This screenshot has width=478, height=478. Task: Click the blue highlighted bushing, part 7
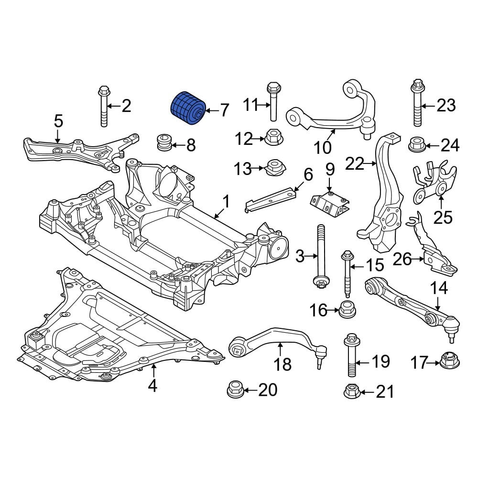tap(187, 108)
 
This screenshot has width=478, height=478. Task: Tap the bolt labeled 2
tap(104, 106)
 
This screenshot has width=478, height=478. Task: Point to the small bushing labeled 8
tap(164, 142)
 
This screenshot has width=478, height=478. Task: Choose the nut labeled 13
tap(276, 168)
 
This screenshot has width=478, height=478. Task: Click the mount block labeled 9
tap(330, 204)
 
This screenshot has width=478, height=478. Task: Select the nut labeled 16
tap(347, 309)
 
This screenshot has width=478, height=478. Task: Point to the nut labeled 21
tap(352, 391)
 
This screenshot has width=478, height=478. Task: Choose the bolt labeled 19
tap(352, 355)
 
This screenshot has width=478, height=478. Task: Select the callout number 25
tap(443, 217)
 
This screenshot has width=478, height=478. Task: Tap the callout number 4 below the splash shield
tap(153, 386)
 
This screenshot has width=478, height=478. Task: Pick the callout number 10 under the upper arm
tap(323, 148)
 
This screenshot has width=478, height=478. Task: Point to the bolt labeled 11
tap(273, 101)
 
